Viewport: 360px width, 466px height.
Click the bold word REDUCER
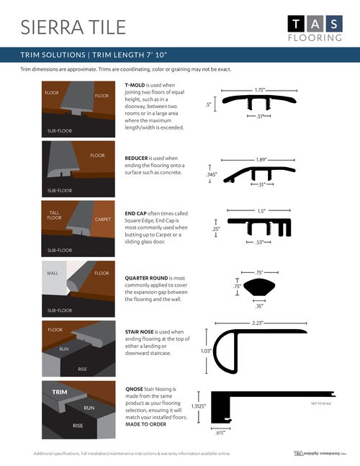pyautogui.click(x=138, y=158)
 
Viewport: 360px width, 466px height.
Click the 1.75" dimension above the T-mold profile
pyautogui.click(x=259, y=91)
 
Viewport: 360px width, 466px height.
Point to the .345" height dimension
pyautogui.click(x=211, y=174)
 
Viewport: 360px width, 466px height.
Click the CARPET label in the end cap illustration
pyautogui.click(x=102, y=218)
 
